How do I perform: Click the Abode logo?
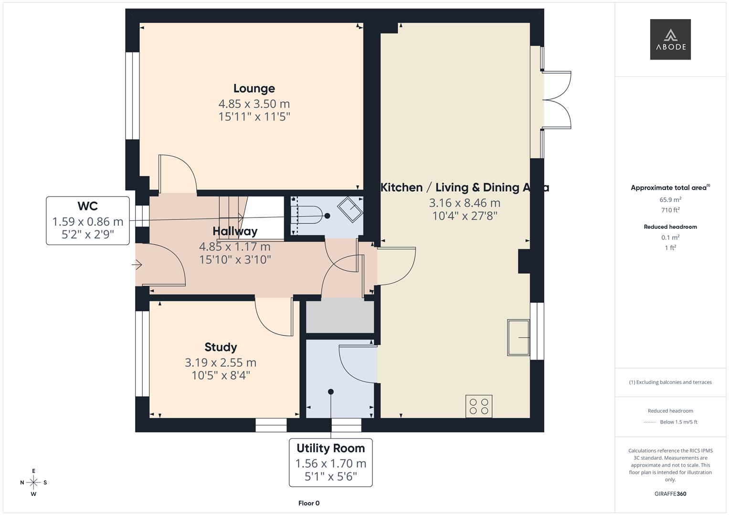coord(670,40)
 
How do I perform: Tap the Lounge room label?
coord(254,89)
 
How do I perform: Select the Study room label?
coord(221,347)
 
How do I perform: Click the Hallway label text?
coord(235,231)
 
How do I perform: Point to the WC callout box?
coord(88,221)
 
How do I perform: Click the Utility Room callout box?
coord(330,463)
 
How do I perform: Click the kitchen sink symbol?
coord(518,338)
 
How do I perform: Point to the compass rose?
coord(33,483)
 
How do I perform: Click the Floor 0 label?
coord(309,503)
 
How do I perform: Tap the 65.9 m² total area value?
coord(670,200)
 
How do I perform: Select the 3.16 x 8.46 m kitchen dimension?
coord(465,203)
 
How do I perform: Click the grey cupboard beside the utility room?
coord(340,317)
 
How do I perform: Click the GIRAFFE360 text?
coord(670,494)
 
